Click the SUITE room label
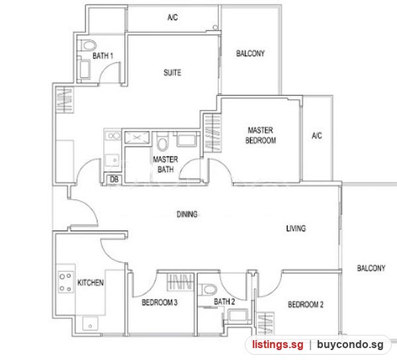pyautogui.click(x=172, y=73)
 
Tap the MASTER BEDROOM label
pyautogui.click(x=261, y=135)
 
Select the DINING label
pyautogui.click(x=187, y=214)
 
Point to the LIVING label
pyautogui.click(x=296, y=228)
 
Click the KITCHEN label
pyautogui.click(x=91, y=283)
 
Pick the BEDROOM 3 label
pyautogui.click(x=159, y=302)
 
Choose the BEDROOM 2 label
pyautogui.click(x=306, y=304)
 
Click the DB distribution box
pyautogui.click(x=114, y=179)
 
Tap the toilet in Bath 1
pyautogui.click(x=89, y=46)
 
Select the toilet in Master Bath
pyautogui.click(x=162, y=142)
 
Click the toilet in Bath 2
pyautogui.click(x=208, y=289)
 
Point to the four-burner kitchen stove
pyautogui.click(x=66, y=282)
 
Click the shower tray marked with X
pyautogui.click(x=137, y=138)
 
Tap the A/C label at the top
pyautogui.click(x=173, y=17)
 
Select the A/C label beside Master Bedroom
pyautogui.click(x=317, y=136)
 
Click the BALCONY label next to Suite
pyautogui.click(x=250, y=54)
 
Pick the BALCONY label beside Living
pyautogui.click(x=371, y=268)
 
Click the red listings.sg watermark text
pyautogui.click(x=277, y=345)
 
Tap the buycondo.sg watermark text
pyautogui.click(x=350, y=345)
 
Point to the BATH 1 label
pyautogui.click(x=103, y=56)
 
